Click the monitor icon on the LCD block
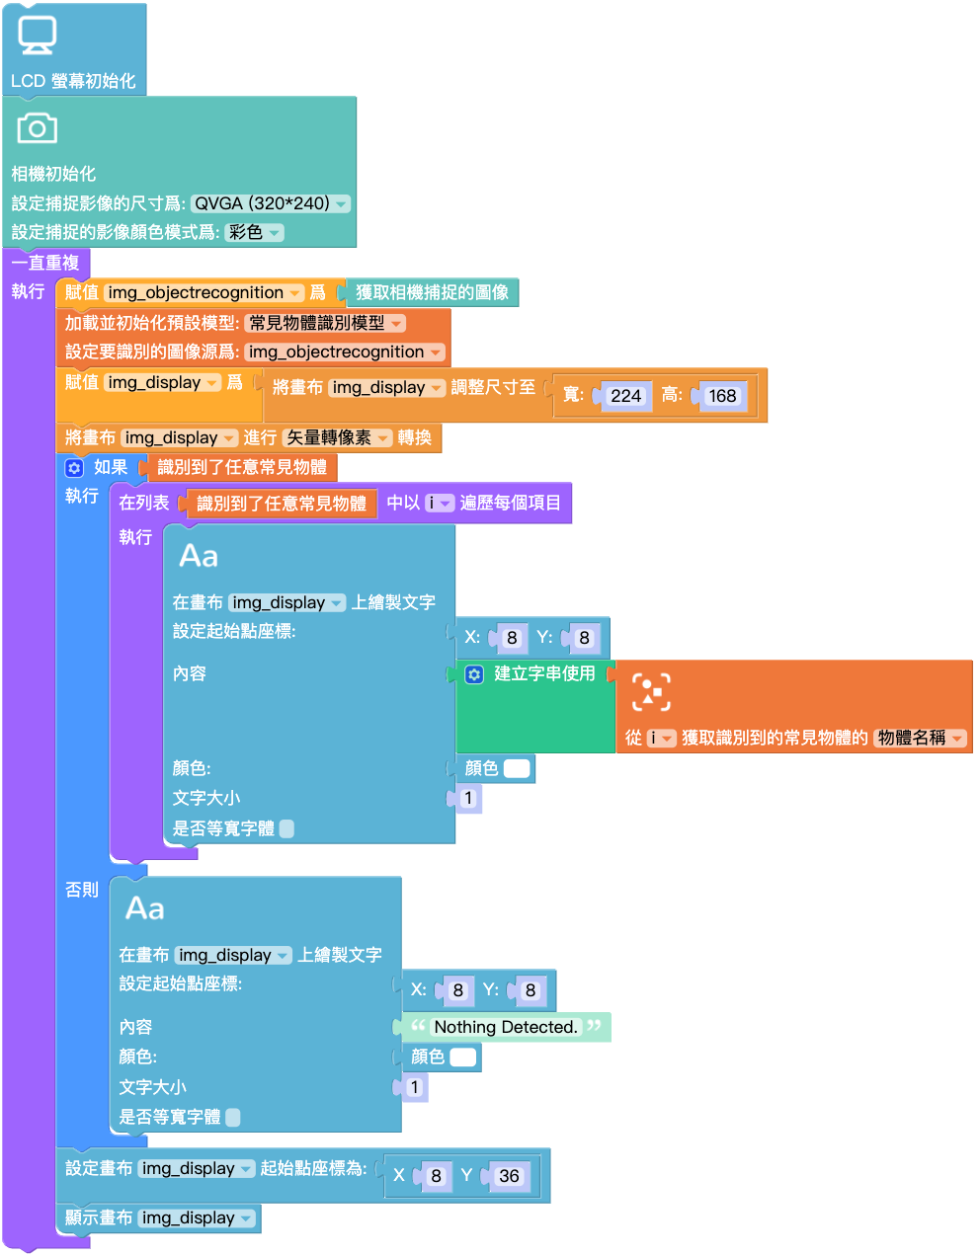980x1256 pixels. tap(37, 35)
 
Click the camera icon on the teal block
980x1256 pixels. tap(37, 127)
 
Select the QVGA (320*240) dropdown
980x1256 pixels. tap(270, 203)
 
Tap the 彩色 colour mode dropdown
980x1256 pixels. tap(254, 232)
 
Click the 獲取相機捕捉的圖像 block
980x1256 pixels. tap(432, 292)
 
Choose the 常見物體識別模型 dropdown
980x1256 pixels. tap(324, 323)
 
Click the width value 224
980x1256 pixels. tap(625, 396)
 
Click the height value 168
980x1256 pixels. tap(722, 396)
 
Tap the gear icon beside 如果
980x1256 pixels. tap(74, 468)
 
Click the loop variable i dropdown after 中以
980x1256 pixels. tap(440, 503)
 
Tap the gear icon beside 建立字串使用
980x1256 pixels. tap(474, 674)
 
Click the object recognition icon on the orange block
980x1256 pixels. tap(651, 692)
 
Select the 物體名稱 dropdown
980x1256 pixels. tap(920, 739)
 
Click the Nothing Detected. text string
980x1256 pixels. tap(506, 1027)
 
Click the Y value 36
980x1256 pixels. tap(509, 1176)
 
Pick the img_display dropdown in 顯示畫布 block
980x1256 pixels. tap(197, 1217)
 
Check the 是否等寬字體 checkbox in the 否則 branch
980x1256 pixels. tap(233, 1117)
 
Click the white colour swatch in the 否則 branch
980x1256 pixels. tap(462, 1058)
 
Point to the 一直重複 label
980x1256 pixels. tap(45, 263)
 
